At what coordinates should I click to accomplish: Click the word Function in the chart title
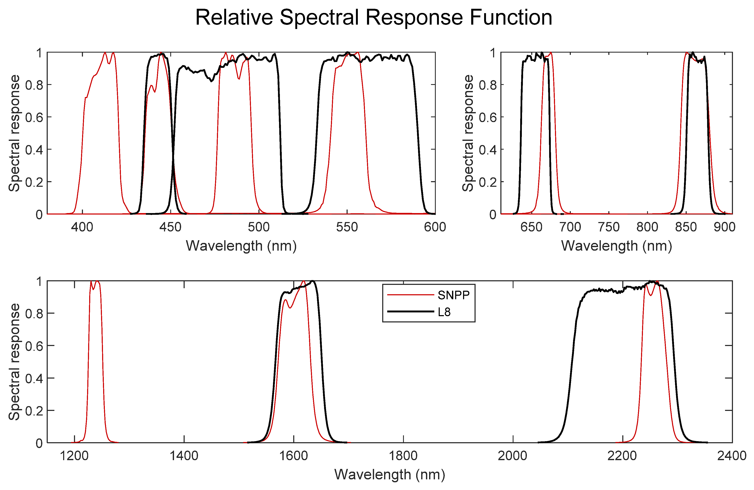tap(511, 18)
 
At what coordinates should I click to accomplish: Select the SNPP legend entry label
tap(453, 295)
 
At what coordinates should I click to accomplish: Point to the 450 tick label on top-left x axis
tap(170, 227)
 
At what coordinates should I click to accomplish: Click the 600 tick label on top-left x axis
tap(435, 227)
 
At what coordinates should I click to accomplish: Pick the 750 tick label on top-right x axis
tap(609, 227)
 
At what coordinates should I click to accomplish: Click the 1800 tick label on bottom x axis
tap(403, 456)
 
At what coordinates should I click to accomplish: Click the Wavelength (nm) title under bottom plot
tap(390, 475)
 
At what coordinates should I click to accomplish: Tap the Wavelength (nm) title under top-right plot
tap(616, 246)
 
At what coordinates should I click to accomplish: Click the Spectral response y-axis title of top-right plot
tap(468, 133)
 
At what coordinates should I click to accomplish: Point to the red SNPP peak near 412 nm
tap(105, 53)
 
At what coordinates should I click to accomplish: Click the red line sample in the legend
tap(410, 295)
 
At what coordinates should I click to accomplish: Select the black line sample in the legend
tap(410, 312)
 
